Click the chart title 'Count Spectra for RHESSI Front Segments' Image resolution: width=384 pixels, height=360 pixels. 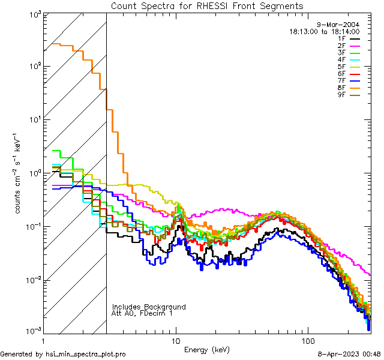pyautogui.click(x=207, y=5)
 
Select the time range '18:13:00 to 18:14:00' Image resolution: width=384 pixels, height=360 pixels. pyautogui.click(x=324, y=31)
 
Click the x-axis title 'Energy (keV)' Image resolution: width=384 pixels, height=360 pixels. pyautogui.click(x=206, y=349)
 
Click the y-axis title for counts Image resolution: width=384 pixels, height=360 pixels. pyautogui.click(x=20, y=180)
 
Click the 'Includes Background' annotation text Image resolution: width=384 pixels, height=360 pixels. pyautogui.click(x=148, y=307)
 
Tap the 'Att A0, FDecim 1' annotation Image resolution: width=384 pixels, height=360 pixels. pyautogui.click(x=142, y=313)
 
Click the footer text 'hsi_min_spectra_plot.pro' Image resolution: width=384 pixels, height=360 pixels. pyautogui.click(x=86, y=355)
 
